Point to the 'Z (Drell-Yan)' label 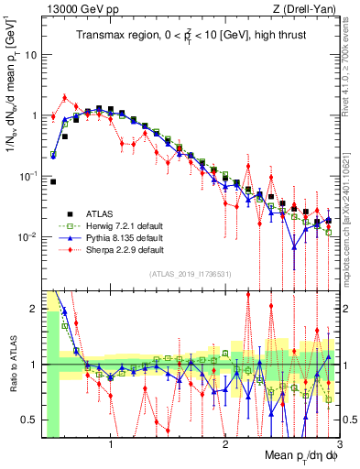[x=309, y=8]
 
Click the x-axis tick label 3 [x=338, y=444]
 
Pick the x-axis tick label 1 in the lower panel [x=111, y=444]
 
